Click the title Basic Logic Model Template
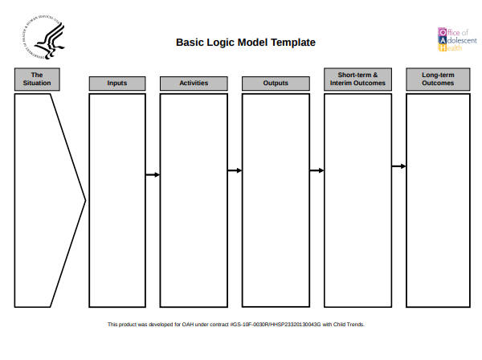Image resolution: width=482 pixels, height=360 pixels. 245,43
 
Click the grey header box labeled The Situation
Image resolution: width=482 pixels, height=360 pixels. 36,79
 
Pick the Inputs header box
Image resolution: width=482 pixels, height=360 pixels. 117,83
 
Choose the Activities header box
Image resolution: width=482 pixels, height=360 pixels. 194,83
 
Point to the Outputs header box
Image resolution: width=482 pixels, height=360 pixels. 276,83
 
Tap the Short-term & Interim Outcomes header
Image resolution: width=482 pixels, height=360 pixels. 357,79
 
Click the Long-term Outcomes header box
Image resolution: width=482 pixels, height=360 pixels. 438,79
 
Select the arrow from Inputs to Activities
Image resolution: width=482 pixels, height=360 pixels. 153,174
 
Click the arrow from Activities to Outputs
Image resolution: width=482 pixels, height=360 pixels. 235,170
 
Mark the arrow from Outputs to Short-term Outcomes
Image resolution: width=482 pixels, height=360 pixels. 317,170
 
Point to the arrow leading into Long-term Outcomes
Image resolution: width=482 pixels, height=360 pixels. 398,166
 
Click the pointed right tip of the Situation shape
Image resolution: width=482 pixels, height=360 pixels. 84,200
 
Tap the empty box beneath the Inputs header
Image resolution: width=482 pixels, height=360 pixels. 117,200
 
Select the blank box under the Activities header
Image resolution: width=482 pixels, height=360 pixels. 194,200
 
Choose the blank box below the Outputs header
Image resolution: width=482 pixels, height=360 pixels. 276,200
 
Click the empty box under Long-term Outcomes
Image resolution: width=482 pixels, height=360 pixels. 438,200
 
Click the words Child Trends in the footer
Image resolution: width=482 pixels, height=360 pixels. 351,325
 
